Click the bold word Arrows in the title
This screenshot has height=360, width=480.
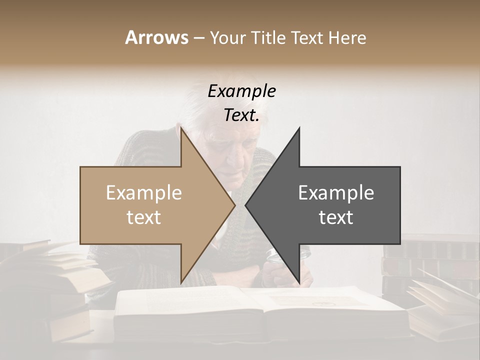[156, 37]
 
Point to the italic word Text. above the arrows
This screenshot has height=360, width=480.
[241, 115]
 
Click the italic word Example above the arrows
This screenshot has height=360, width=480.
[241, 91]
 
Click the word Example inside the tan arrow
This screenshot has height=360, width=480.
[144, 193]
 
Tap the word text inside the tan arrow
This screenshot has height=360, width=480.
[144, 217]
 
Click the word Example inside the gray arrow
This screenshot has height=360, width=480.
[336, 193]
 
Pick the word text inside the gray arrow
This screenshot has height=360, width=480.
[336, 217]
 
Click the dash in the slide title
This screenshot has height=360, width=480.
[198, 38]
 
